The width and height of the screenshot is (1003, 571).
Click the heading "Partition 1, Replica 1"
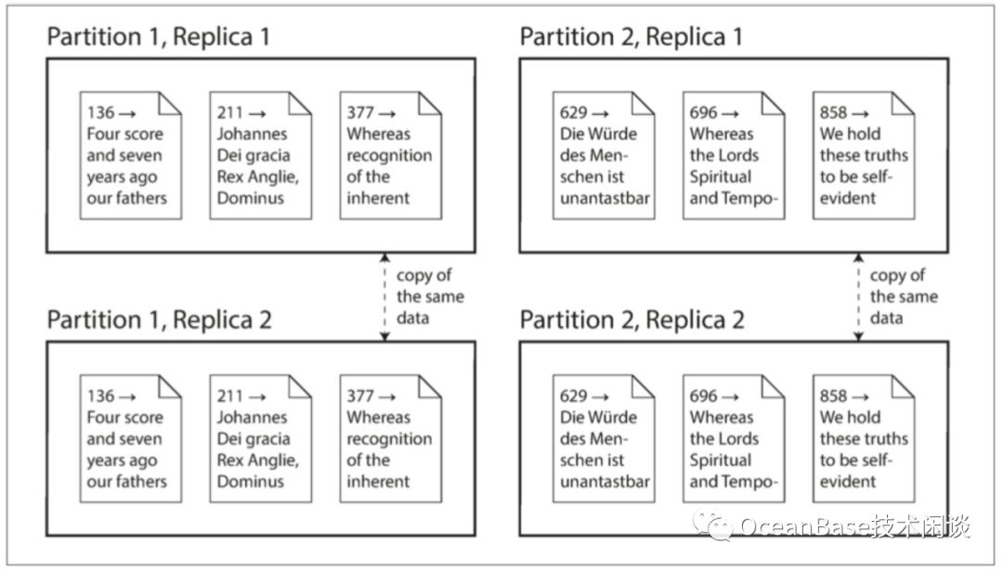[x=158, y=37]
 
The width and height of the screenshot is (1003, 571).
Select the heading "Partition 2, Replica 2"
[x=632, y=319]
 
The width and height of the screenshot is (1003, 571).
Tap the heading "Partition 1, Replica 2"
[x=160, y=319]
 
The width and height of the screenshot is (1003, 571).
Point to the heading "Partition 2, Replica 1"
[x=632, y=37]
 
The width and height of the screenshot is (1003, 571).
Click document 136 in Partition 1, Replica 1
[x=131, y=155]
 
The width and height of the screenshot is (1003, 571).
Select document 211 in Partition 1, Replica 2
[x=261, y=438]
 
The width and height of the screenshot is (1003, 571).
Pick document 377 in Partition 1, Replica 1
[x=391, y=155]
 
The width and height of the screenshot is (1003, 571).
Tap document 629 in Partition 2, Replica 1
[x=604, y=155]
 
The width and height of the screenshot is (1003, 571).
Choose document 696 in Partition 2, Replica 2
[x=734, y=438]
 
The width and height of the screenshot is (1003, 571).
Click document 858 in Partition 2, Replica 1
[x=864, y=155]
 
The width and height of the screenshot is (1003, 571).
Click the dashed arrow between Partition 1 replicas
[x=384, y=297]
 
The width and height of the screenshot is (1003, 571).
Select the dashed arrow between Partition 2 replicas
[x=858, y=297]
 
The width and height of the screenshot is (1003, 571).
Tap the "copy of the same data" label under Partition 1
[x=430, y=297]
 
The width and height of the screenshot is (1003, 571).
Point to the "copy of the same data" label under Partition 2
[x=904, y=297]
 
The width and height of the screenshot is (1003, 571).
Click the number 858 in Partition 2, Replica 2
[x=833, y=396]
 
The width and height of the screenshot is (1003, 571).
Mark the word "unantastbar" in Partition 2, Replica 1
[x=606, y=198]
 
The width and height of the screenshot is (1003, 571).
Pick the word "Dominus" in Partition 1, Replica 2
[x=250, y=482]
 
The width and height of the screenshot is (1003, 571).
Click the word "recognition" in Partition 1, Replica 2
[x=389, y=439]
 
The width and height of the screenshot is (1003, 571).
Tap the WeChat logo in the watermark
[x=712, y=526]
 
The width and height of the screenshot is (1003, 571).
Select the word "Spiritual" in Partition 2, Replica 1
[x=721, y=177]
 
